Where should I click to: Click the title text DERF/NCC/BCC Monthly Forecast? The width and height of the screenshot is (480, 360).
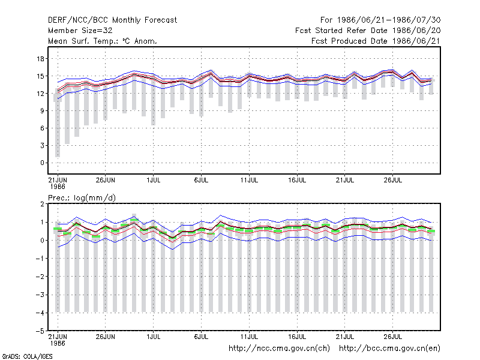click(x=112, y=20)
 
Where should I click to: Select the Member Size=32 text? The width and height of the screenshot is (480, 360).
click(x=80, y=31)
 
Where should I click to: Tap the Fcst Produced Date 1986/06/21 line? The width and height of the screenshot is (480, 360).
click(x=376, y=41)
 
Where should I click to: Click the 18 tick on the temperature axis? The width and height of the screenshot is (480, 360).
click(x=40, y=58)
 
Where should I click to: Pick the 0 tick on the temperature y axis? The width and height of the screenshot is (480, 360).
click(x=42, y=163)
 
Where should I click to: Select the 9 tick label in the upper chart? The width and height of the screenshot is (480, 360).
click(x=42, y=111)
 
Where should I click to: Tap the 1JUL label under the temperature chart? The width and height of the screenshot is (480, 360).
click(x=154, y=180)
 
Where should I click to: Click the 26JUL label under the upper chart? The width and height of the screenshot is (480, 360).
click(x=393, y=180)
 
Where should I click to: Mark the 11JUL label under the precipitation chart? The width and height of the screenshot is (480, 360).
click(x=249, y=337)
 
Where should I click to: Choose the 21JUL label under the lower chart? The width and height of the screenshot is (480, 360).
click(x=344, y=337)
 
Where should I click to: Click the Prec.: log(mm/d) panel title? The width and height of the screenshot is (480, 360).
click(x=82, y=198)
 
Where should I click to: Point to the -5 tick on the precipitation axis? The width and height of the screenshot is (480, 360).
click(x=40, y=331)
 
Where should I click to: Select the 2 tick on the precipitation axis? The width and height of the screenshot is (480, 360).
click(x=42, y=204)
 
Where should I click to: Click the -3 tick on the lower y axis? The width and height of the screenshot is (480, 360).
click(x=40, y=295)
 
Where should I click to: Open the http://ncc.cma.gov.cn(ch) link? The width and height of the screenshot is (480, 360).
click(x=279, y=349)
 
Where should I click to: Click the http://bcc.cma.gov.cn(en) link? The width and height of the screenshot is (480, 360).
click(x=389, y=349)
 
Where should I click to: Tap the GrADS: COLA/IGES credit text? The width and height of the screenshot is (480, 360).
click(x=27, y=356)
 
